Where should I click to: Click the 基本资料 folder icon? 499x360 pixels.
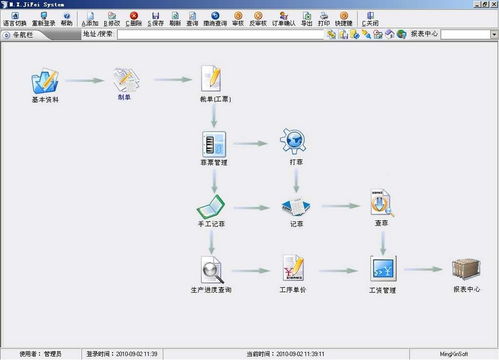45,81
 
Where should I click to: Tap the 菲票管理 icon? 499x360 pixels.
213,140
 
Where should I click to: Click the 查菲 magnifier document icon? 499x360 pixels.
380,203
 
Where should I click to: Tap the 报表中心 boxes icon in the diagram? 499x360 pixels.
465,268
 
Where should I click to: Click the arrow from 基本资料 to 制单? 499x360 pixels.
86,79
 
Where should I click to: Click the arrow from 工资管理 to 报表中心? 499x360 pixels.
425,268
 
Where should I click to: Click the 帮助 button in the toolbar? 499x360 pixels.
67,19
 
